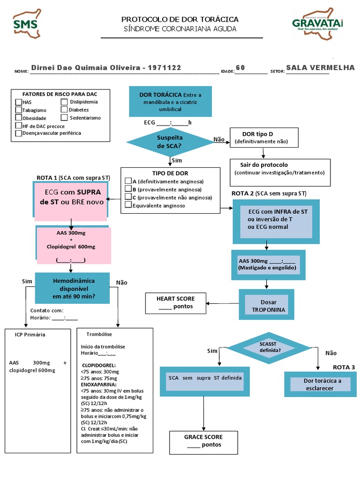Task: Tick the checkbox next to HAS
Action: (x=18, y=102)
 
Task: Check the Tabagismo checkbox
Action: (x=18, y=110)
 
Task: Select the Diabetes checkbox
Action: (x=64, y=110)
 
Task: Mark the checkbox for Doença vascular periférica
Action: (x=18, y=133)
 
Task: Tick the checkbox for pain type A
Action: (x=128, y=181)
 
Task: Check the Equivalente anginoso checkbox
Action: (x=128, y=205)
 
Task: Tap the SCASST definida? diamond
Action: (x=270, y=347)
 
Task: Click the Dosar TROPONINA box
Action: (x=266, y=306)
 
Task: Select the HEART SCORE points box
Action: (x=175, y=303)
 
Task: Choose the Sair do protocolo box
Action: (x=280, y=169)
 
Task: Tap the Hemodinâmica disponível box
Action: (x=73, y=288)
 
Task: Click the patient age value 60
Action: (x=240, y=67)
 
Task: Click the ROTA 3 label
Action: (x=344, y=367)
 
